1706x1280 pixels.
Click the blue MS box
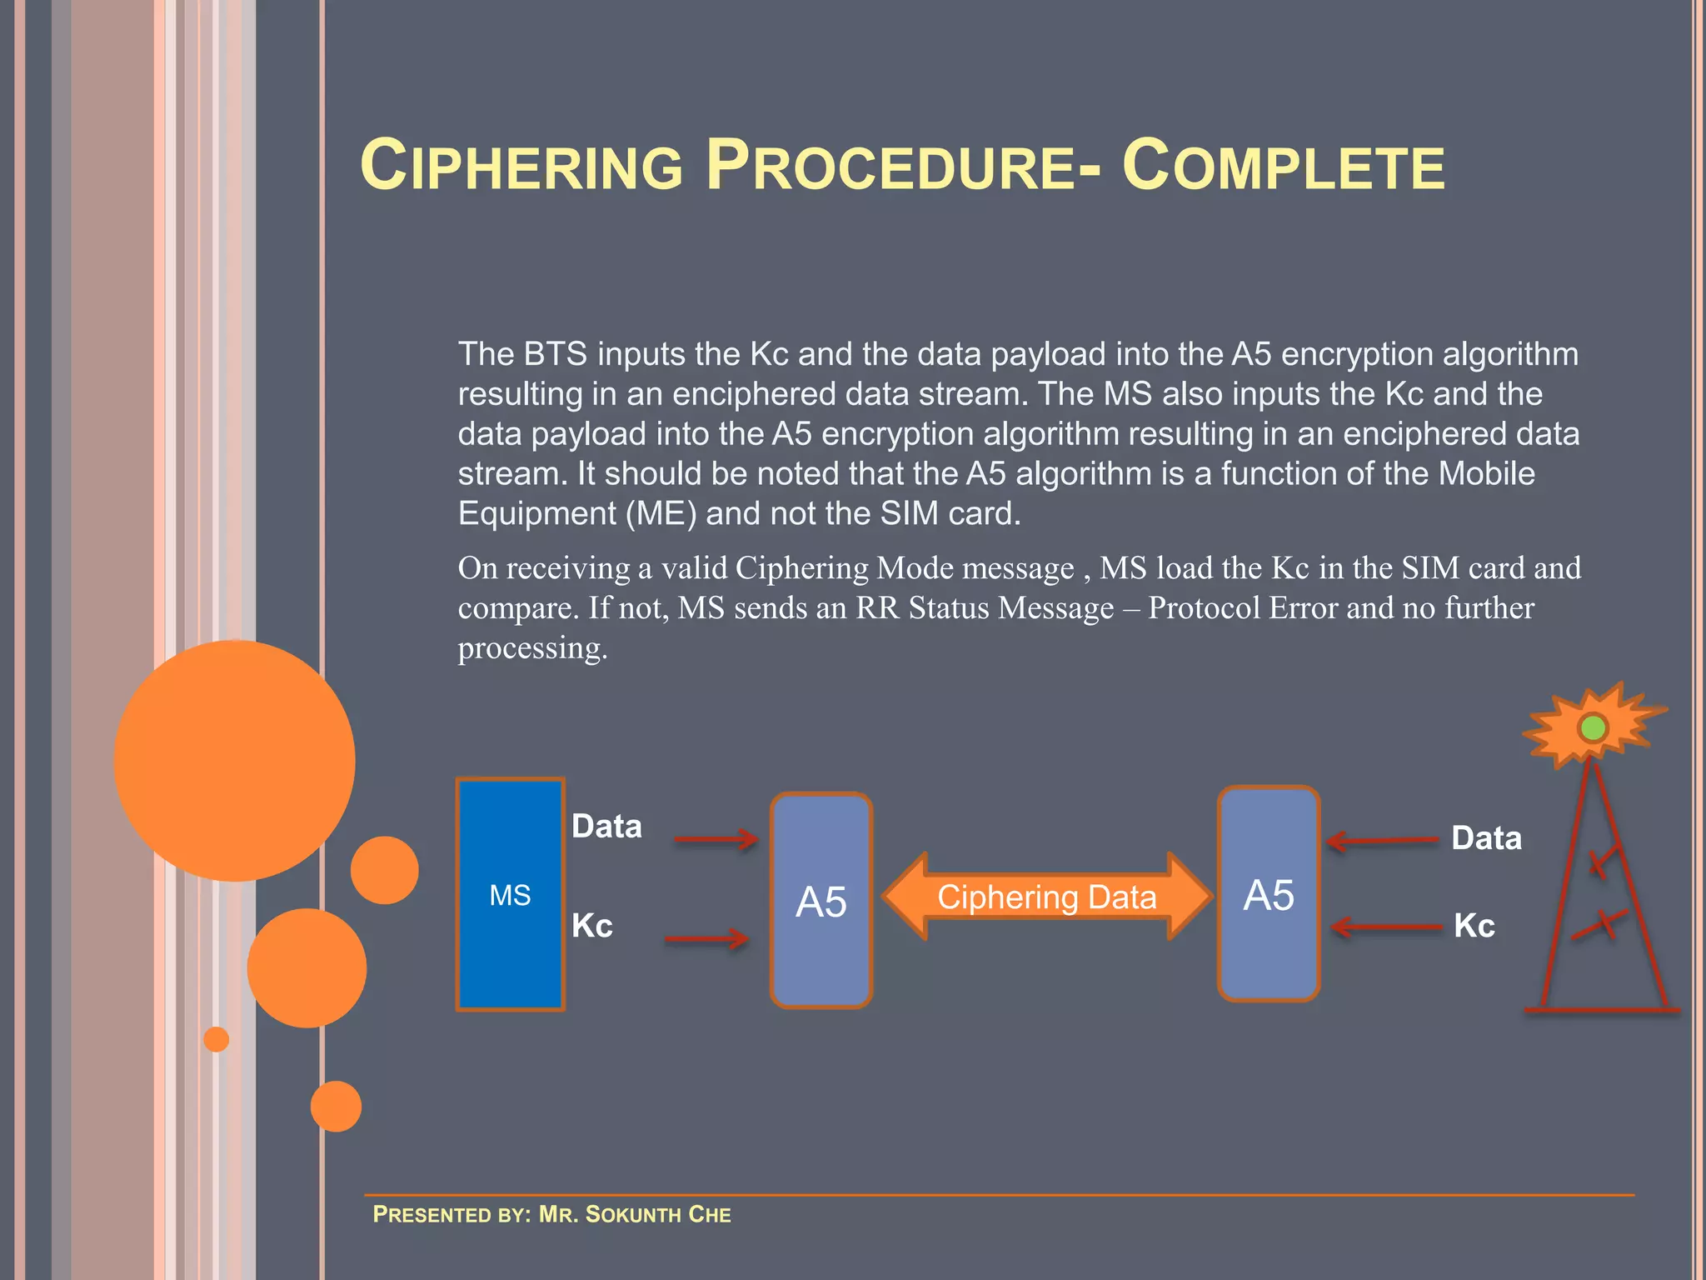pos(510,894)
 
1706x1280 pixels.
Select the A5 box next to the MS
pos(821,901)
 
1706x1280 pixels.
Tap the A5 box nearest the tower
pos(1269,894)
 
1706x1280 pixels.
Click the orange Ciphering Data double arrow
pos(1046,897)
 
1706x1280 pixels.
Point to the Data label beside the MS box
pos(606,827)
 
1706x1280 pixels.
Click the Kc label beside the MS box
pos(592,926)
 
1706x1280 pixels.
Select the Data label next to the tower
pos(1486,838)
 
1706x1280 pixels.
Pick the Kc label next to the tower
pos(1474,926)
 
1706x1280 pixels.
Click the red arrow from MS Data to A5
pos(715,839)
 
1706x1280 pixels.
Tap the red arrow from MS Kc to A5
pos(706,940)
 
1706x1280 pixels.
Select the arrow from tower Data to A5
pos(1383,841)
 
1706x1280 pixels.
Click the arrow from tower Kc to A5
pos(1386,927)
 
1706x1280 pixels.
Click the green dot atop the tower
pos(1593,728)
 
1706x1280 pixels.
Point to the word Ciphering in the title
pos(521,166)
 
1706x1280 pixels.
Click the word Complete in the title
pos(1283,166)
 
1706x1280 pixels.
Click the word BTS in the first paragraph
pos(556,354)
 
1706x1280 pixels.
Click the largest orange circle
pos(235,760)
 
